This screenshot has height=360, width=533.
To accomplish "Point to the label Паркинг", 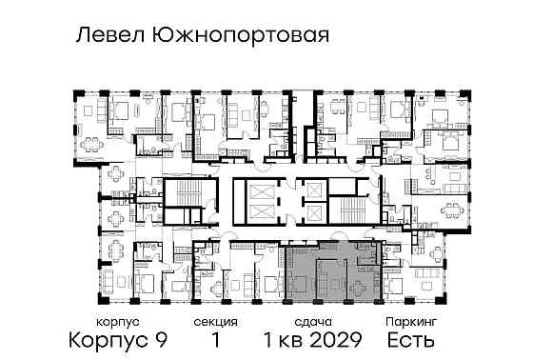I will [x=410, y=323].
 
